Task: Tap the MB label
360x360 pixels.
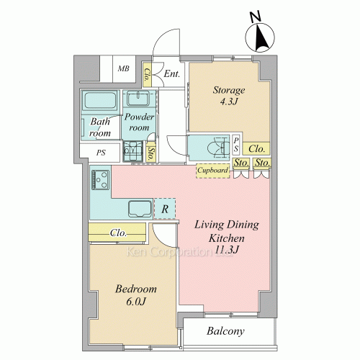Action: click(x=124, y=68)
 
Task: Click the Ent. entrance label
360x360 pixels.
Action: click(x=171, y=73)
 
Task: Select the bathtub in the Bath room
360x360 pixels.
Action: click(x=100, y=101)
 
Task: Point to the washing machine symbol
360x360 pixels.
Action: click(x=132, y=151)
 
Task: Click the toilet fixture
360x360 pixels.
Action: click(x=218, y=148)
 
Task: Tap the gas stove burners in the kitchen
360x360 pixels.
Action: click(x=101, y=180)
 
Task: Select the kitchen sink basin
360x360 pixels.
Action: click(x=140, y=209)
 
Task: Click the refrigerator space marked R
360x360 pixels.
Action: click(x=165, y=209)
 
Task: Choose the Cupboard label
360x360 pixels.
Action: click(x=212, y=170)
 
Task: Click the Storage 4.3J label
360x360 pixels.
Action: click(x=229, y=96)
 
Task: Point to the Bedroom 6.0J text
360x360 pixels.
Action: click(x=136, y=295)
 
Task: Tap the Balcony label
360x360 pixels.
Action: click(x=225, y=331)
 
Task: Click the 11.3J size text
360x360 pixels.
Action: click(x=227, y=250)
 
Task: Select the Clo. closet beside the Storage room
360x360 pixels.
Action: click(x=256, y=149)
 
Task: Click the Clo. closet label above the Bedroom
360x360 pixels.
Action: click(x=118, y=233)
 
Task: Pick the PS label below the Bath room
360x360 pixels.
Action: click(x=101, y=153)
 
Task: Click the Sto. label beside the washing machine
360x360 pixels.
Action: click(x=150, y=153)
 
